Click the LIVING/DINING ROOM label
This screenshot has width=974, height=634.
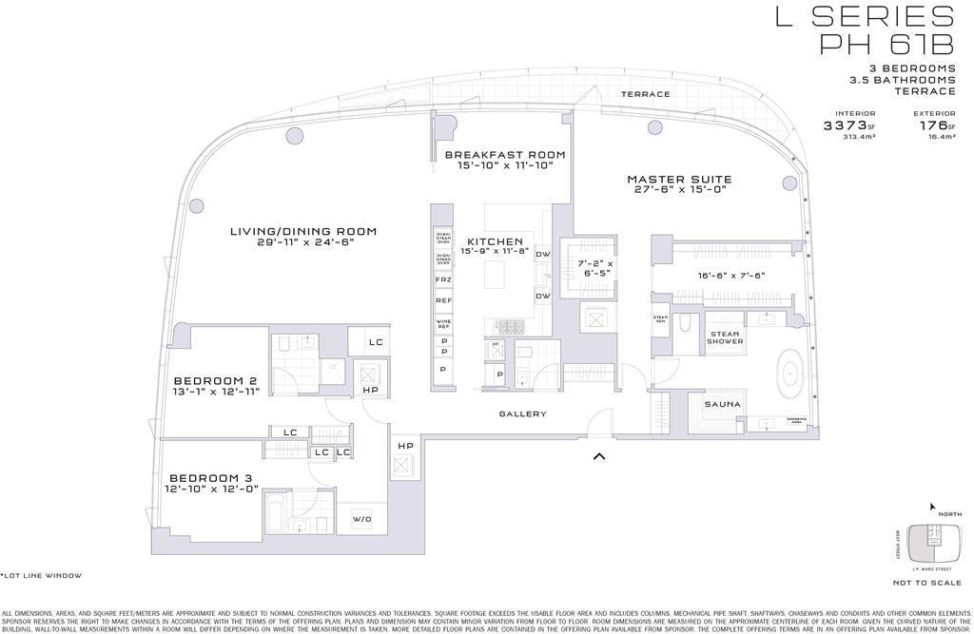pos(303,231)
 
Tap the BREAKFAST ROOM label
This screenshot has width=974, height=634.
pos(505,155)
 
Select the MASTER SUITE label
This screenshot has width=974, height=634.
pos(679,180)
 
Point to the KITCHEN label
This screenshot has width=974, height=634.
pos(494,242)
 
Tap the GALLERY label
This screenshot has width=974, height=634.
pos(523,413)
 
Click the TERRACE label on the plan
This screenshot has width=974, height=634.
pos(646,94)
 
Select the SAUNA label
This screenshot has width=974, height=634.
pos(723,405)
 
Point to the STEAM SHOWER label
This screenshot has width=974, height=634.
pos(725,337)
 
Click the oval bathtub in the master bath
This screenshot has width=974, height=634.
pos(788,373)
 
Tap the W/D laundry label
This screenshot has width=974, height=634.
pos(362,519)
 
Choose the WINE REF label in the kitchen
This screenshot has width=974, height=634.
pos(443,325)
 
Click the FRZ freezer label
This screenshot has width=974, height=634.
pos(443,280)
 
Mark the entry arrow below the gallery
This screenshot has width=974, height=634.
pos(599,456)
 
